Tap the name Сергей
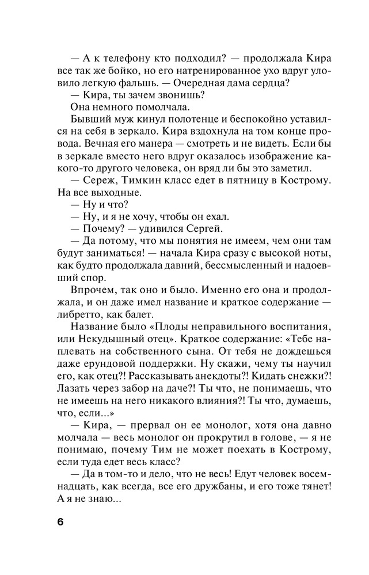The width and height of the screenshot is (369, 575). (203, 228)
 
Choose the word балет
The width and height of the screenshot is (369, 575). (138, 313)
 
